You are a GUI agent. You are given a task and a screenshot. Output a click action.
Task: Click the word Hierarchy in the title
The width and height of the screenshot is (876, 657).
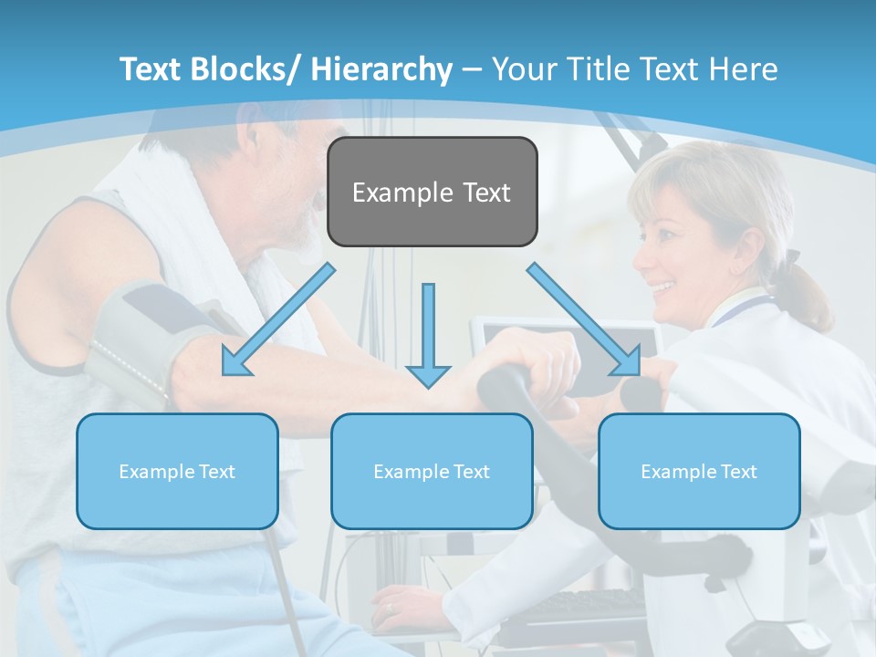point(381,69)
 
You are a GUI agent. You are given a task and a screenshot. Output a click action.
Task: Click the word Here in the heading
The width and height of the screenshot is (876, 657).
point(744,69)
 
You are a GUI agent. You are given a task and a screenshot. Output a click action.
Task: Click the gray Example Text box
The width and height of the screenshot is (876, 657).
point(432,192)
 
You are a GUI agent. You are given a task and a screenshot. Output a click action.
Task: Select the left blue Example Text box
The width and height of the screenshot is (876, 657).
point(177,471)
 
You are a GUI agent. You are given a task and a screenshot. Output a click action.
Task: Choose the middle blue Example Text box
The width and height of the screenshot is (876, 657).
point(432,471)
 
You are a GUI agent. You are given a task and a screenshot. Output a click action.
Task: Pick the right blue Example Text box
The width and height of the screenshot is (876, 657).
point(699,471)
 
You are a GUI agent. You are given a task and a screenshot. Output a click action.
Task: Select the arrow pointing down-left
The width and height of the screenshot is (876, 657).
point(277,319)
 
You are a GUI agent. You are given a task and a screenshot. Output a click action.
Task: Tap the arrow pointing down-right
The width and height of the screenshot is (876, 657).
point(584,319)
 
